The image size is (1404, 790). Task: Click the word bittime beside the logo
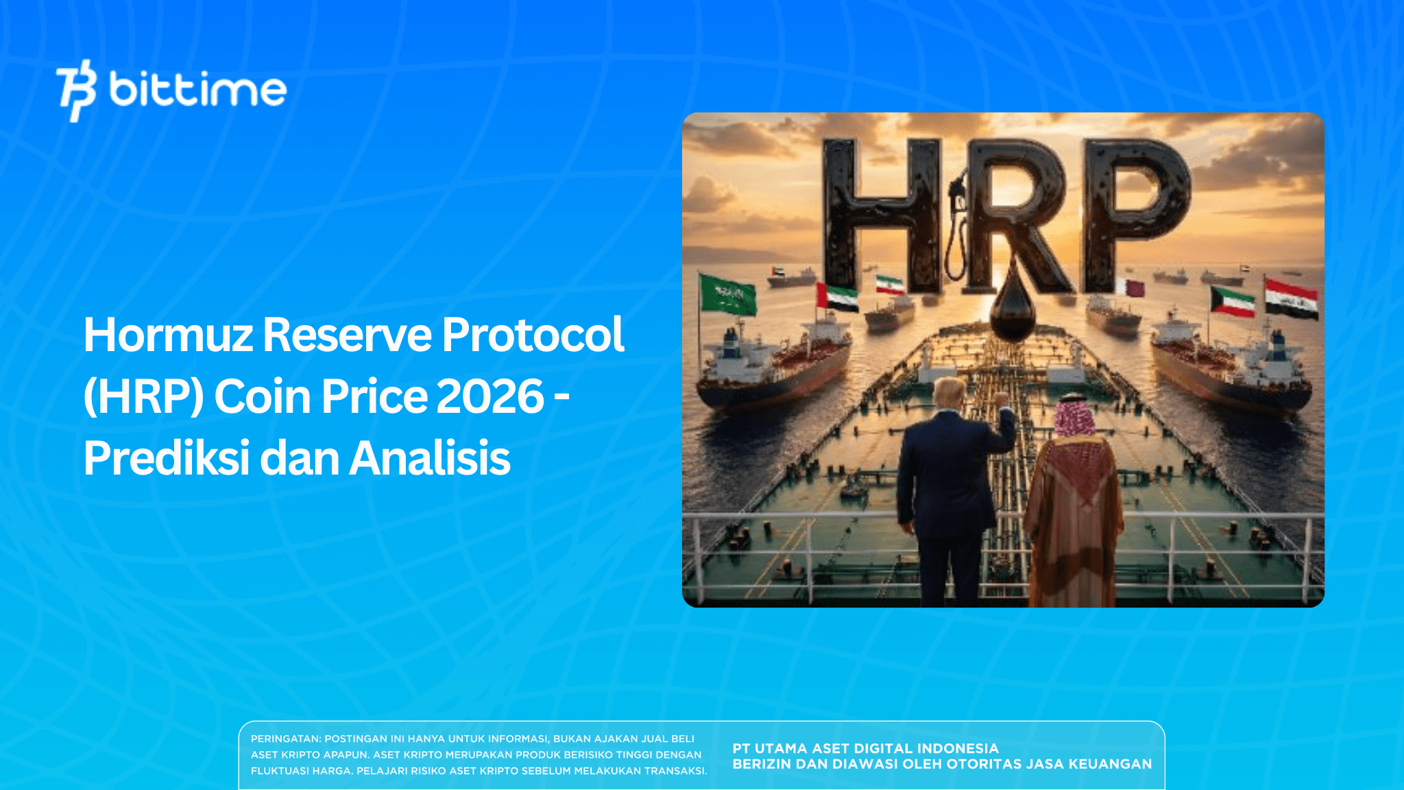tap(197, 90)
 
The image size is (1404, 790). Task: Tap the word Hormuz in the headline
tap(168, 335)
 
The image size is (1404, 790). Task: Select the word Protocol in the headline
tap(533, 335)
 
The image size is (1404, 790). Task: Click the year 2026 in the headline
tap(489, 397)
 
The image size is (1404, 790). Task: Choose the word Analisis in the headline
tap(430, 458)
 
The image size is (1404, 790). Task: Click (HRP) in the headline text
tap(143, 397)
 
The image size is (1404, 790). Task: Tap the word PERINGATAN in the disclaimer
tap(285, 739)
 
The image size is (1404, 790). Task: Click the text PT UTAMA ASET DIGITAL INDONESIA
tap(865, 748)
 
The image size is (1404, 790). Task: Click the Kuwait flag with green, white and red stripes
tap(1232, 302)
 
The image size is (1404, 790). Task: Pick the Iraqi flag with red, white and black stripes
tap(1292, 298)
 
